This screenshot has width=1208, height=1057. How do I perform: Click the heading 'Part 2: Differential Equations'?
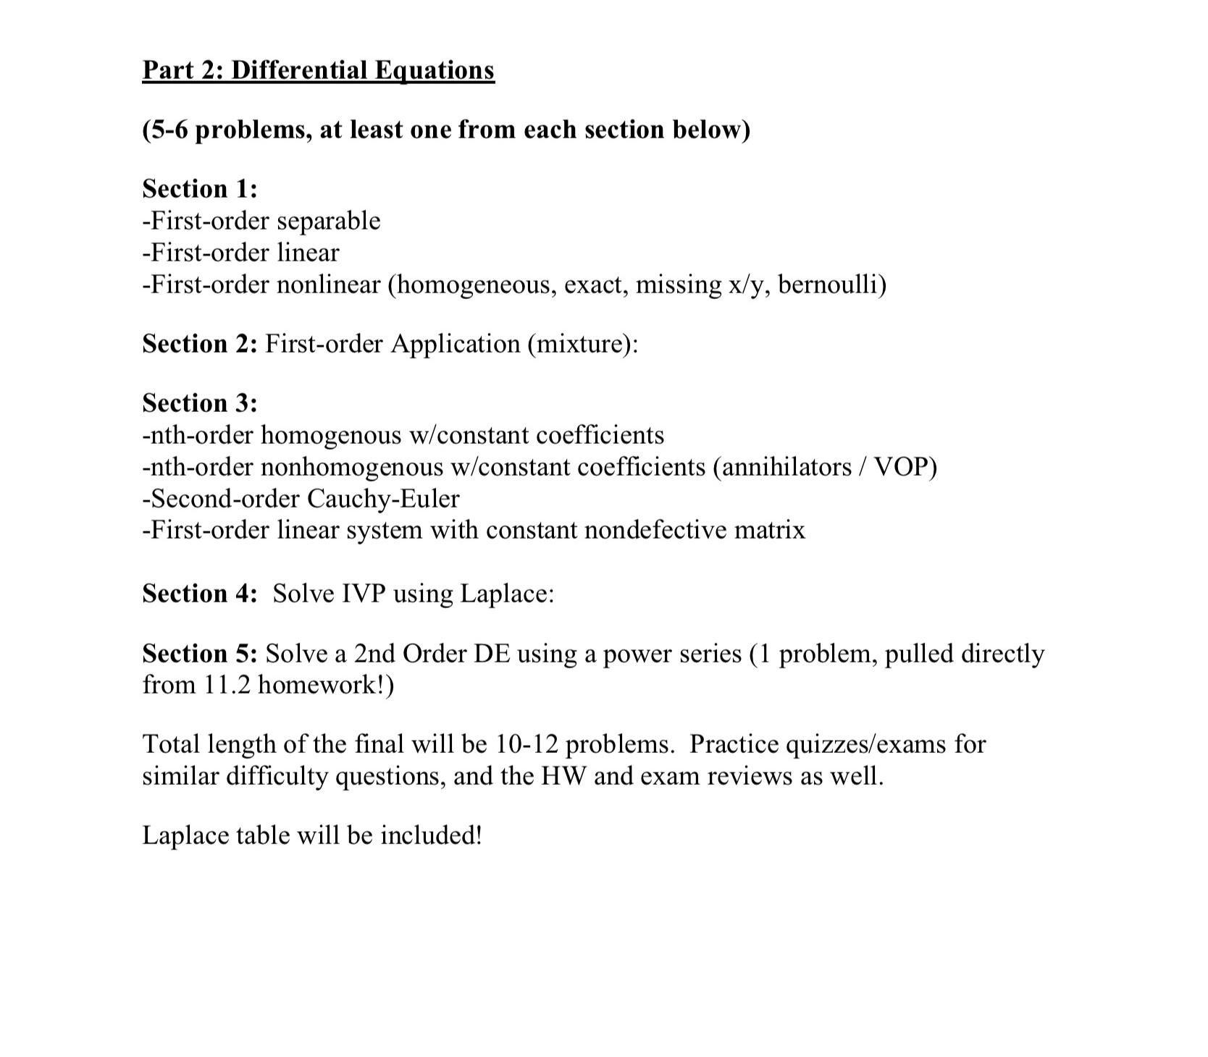[318, 70]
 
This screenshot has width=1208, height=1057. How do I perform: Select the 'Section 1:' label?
[200, 189]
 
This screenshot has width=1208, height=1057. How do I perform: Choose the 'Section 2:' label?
[200, 344]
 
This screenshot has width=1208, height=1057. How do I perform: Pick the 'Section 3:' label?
[200, 403]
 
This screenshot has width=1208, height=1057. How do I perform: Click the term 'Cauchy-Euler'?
[383, 499]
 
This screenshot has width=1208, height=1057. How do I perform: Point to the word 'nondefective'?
[654, 531]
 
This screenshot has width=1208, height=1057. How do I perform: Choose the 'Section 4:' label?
[200, 594]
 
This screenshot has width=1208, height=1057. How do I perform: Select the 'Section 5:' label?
[200, 654]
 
